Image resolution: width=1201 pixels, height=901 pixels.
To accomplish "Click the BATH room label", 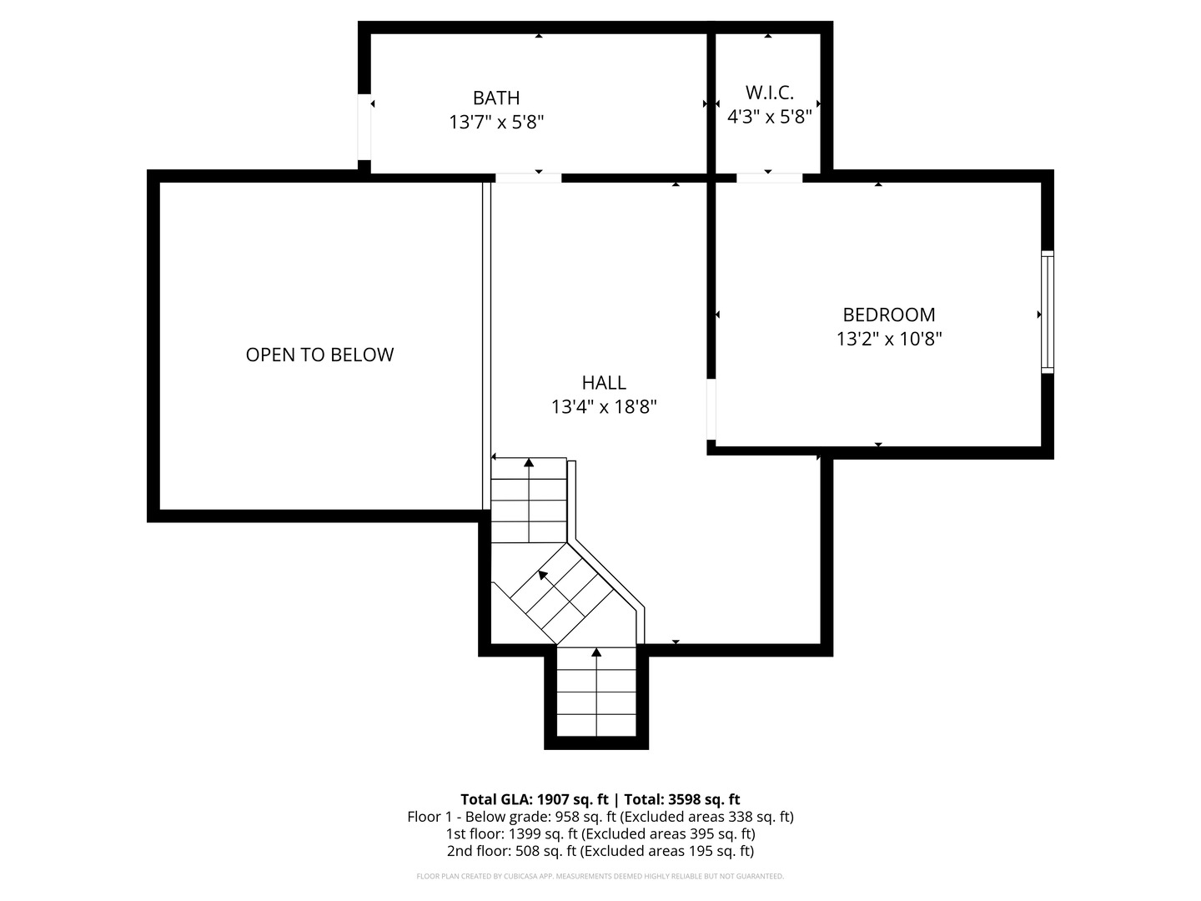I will pyautogui.click(x=496, y=98).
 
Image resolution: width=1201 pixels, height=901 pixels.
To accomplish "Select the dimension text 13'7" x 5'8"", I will pyautogui.click(x=496, y=123).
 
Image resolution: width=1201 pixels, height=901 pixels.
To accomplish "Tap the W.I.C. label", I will pyautogui.click(x=769, y=93).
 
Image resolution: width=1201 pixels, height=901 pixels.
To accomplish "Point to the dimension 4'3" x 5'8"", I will pyautogui.click(x=769, y=117).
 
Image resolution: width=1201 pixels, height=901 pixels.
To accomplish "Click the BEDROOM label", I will pyautogui.click(x=888, y=315).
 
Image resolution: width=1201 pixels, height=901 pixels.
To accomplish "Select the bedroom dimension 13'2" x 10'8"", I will pyautogui.click(x=888, y=339).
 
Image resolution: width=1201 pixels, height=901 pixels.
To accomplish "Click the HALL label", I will pyautogui.click(x=604, y=383).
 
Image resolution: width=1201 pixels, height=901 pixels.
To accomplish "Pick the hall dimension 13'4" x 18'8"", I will pyautogui.click(x=604, y=407).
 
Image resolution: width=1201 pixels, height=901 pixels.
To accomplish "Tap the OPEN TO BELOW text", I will pyautogui.click(x=319, y=355).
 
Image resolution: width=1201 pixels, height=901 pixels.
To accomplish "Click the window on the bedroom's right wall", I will pyautogui.click(x=1048, y=312).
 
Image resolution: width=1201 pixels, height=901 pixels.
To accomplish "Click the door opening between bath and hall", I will pyautogui.click(x=528, y=178).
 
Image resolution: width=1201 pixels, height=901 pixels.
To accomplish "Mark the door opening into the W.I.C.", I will pyautogui.click(x=769, y=178).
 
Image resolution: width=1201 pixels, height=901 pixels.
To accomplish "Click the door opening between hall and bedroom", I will pyautogui.click(x=711, y=409).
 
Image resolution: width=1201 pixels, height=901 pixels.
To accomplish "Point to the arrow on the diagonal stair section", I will pyautogui.click(x=543, y=575).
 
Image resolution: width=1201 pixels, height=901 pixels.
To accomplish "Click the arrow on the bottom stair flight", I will pyautogui.click(x=596, y=652).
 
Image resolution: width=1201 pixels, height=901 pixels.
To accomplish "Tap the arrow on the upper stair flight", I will pyautogui.click(x=529, y=463).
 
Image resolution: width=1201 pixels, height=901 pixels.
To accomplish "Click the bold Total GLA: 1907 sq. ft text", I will pyautogui.click(x=600, y=799).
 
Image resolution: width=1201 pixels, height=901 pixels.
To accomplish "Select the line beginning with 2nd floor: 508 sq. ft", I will pyautogui.click(x=600, y=851).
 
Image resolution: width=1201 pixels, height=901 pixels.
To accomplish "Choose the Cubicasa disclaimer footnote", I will pyautogui.click(x=600, y=876).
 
